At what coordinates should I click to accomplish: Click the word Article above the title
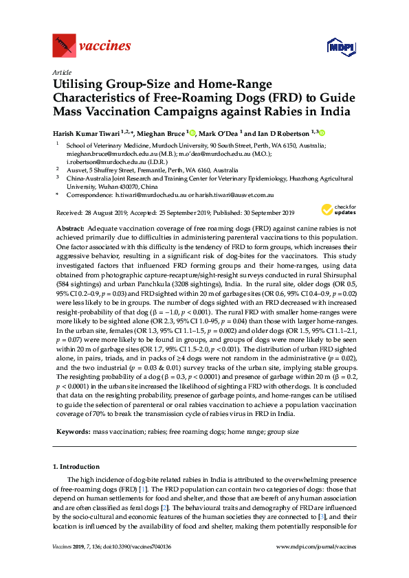62,71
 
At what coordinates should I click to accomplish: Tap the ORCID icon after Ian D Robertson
321,132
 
